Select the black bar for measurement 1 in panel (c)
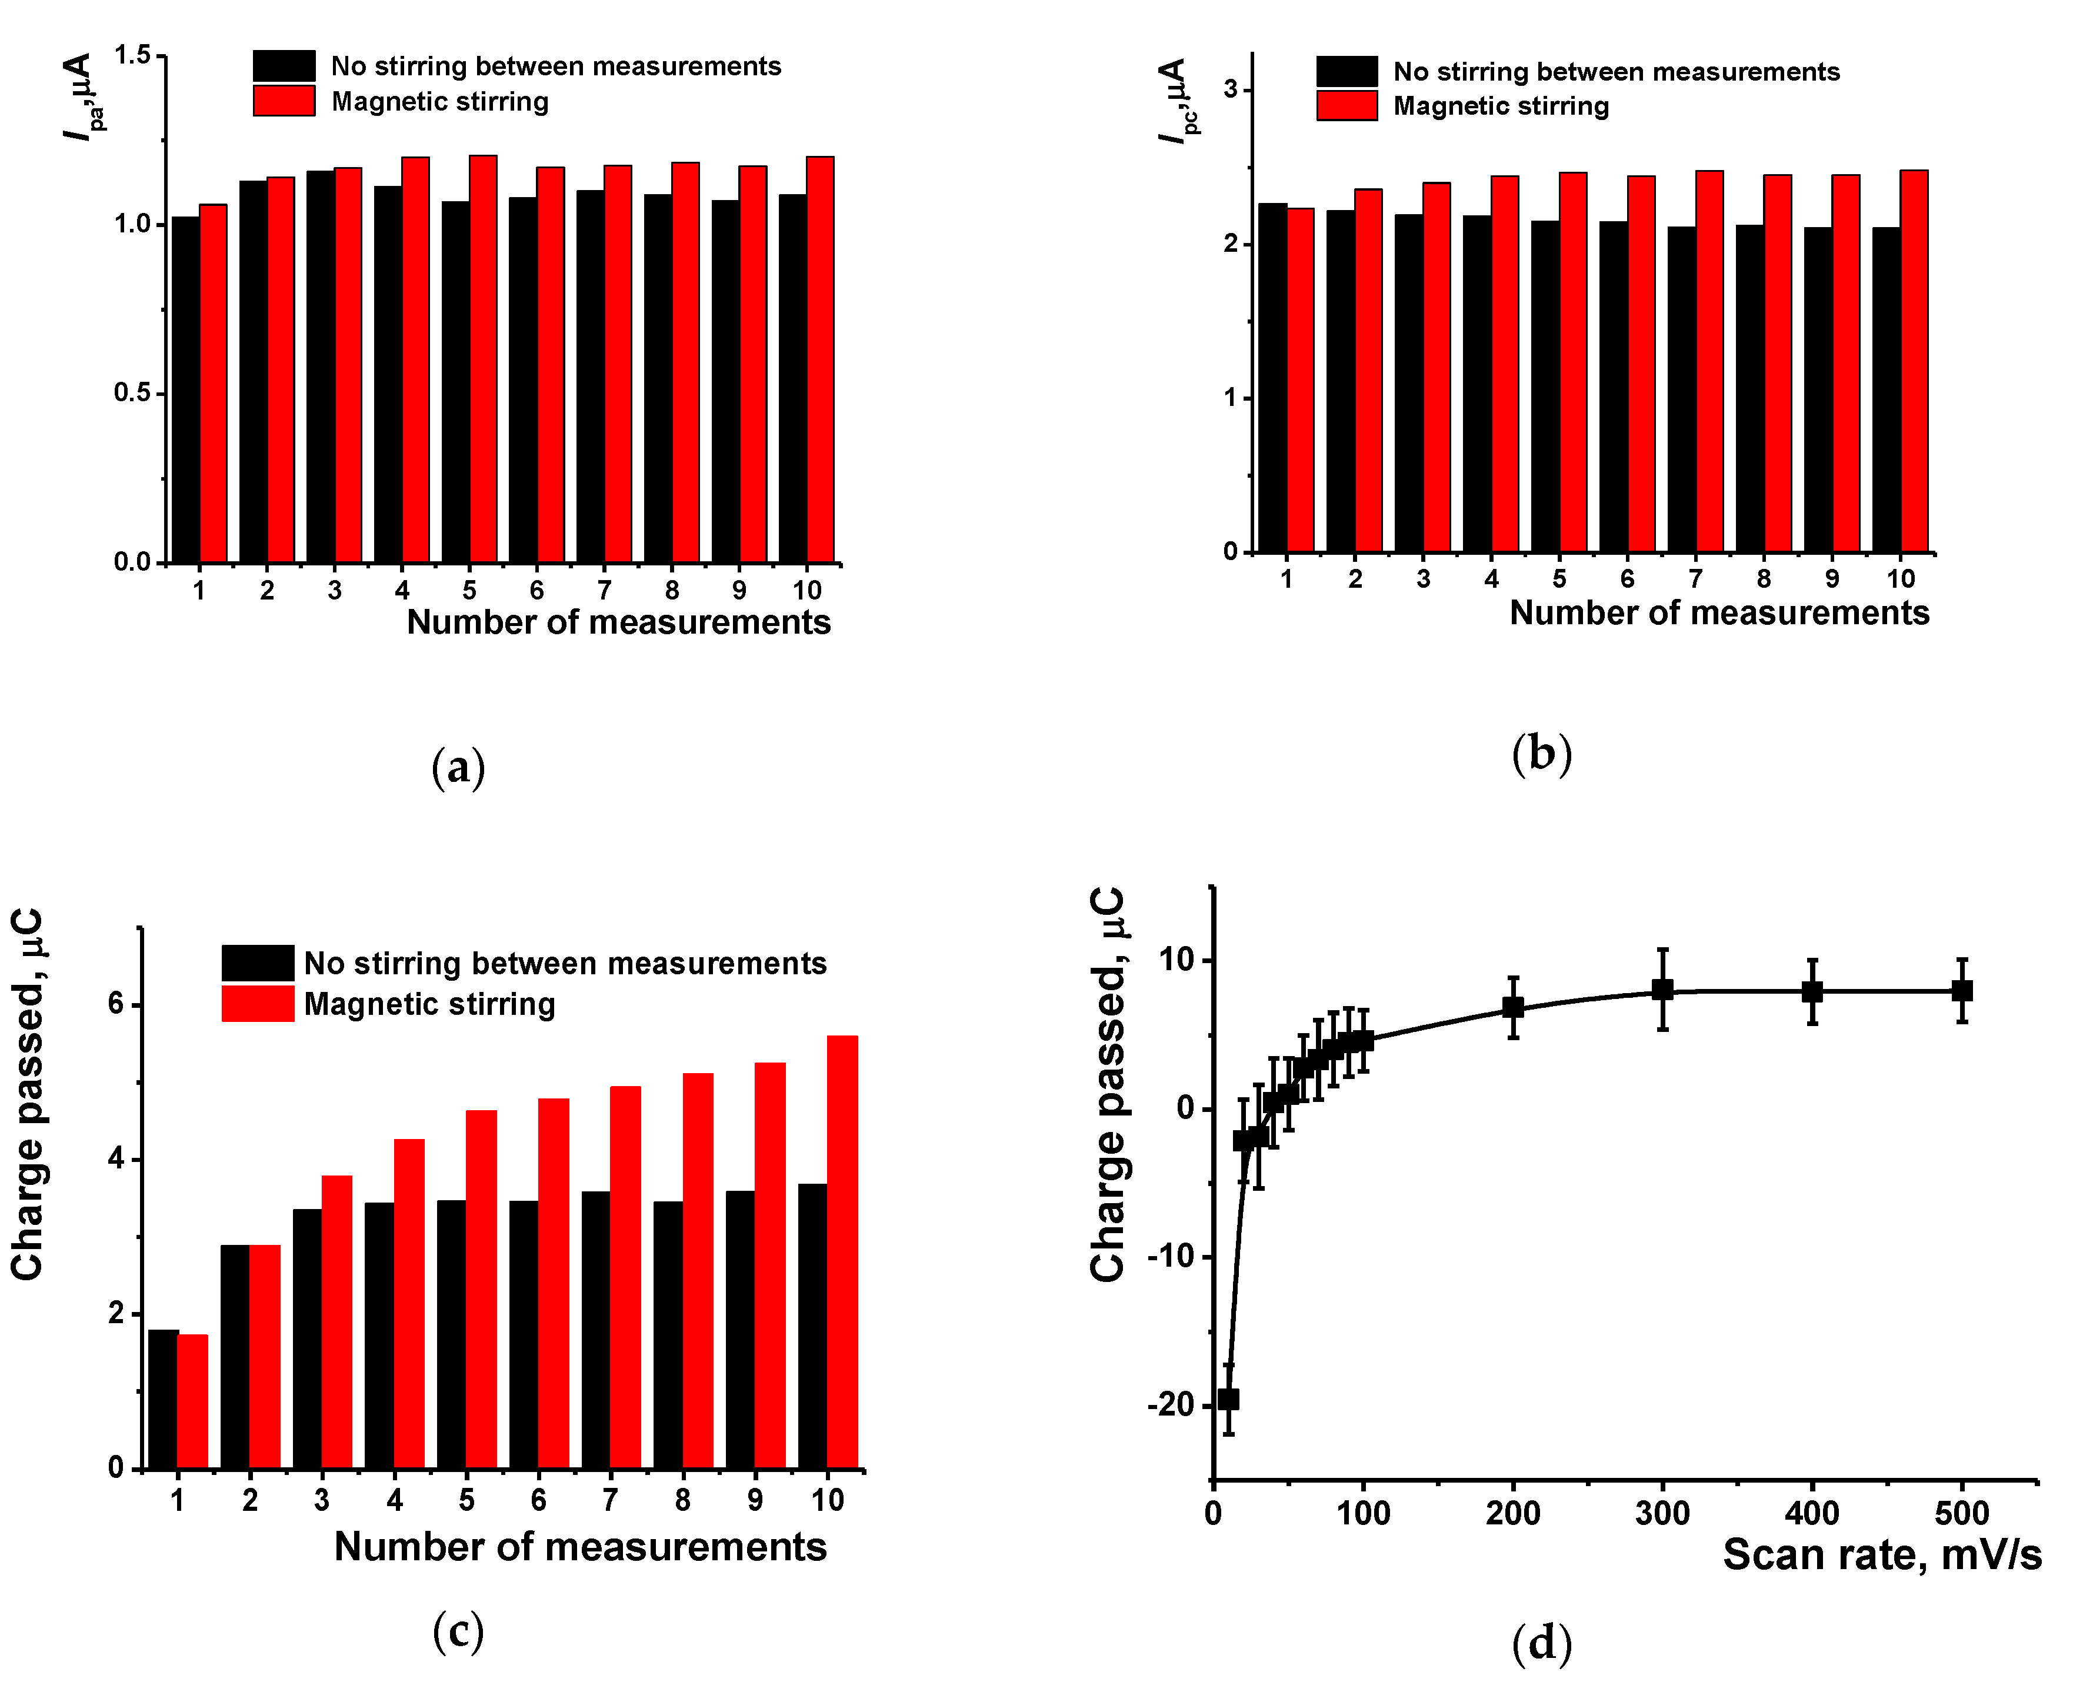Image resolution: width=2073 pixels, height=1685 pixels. pyautogui.click(x=163, y=1398)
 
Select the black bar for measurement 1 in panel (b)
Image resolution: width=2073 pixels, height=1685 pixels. pyautogui.click(x=1272, y=378)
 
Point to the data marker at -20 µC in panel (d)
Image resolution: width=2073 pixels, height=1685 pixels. pyautogui.click(x=1228, y=1398)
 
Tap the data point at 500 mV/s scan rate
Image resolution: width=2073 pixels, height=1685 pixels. pyautogui.click(x=1961, y=990)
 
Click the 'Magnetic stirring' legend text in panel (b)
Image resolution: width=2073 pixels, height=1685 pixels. pyautogui.click(x=1501, y=106)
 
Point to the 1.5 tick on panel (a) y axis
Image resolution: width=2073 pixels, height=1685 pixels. pyautogui.click(x=133, y=55)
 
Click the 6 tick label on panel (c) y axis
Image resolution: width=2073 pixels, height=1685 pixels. pyautogui.click(x=116, y=1004)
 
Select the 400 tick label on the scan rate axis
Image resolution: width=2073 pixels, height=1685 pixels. pyautogui.click(x=1812, y=1512)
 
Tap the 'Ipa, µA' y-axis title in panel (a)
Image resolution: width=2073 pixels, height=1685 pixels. pyautogui.click(x=82, y=97)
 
